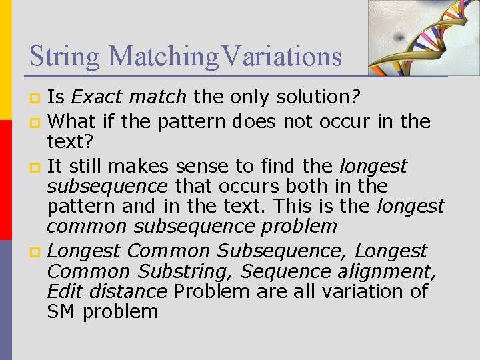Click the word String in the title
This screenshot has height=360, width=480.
pos(64,56)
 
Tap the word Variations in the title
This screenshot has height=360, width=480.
pos(282,56)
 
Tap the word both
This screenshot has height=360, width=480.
pos(303,185)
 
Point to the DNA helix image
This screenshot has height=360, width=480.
pos(423,37)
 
